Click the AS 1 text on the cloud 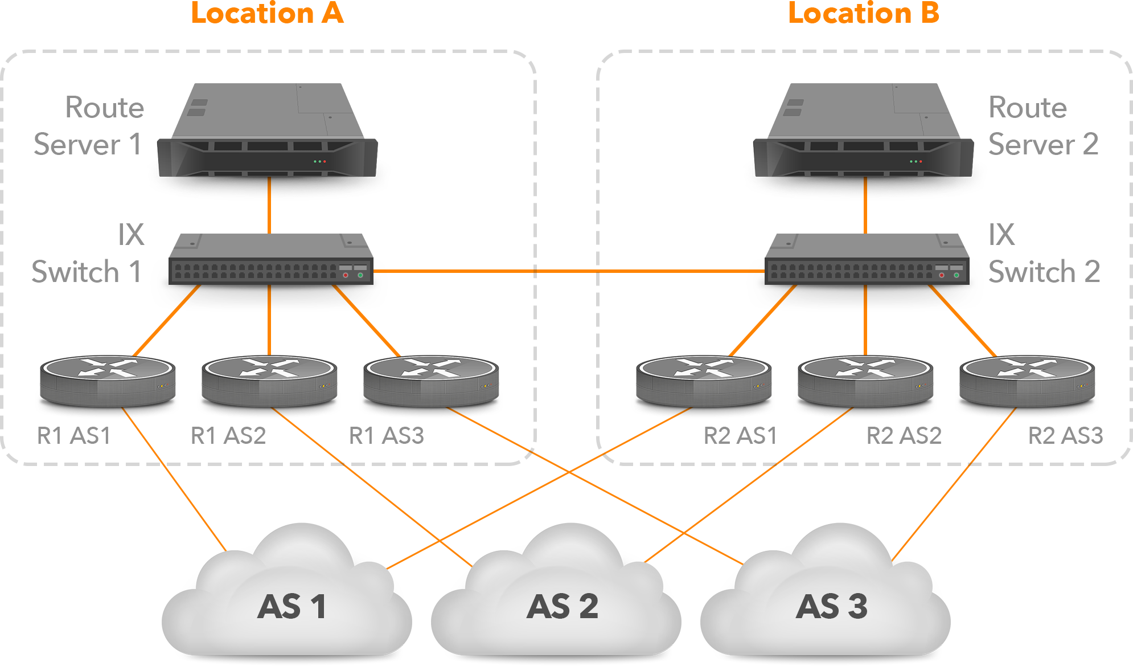click(292, 606)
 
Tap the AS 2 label click(563, 606)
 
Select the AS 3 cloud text click(832, 606)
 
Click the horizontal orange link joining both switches click(566, 271)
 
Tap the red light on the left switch click(346, 275)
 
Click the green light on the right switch click(957, 275)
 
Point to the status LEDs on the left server click(319, 161)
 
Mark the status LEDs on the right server click(916, 161)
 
